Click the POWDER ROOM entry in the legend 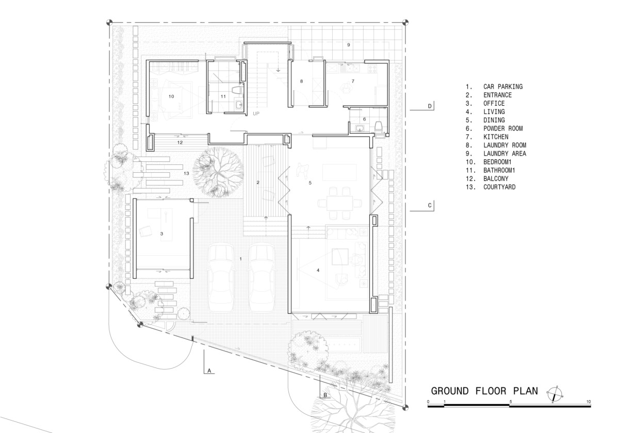(x=494, y=128)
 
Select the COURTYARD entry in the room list (x=491, y=187)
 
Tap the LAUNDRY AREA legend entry (x=496, y=154)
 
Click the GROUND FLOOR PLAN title (x=484, y=391)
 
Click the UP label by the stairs (x=256, y=113)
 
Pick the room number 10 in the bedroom (x=171, y=96)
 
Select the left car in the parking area (x=220, y=278)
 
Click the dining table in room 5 (x=339, y=203)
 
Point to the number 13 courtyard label (x=186, y=173)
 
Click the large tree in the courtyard (x=218, y=172)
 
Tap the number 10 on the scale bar (x=589, y=402)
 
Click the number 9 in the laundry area (x=349, y=45)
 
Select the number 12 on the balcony (x=180, y=142)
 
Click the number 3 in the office (x=161, y=234)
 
